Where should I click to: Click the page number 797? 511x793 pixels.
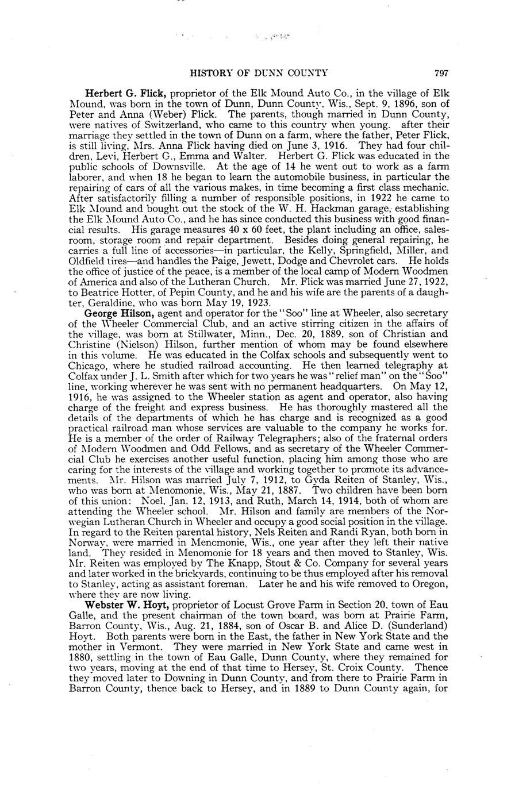[441, 73]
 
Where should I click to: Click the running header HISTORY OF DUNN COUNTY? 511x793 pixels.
[259, 73]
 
